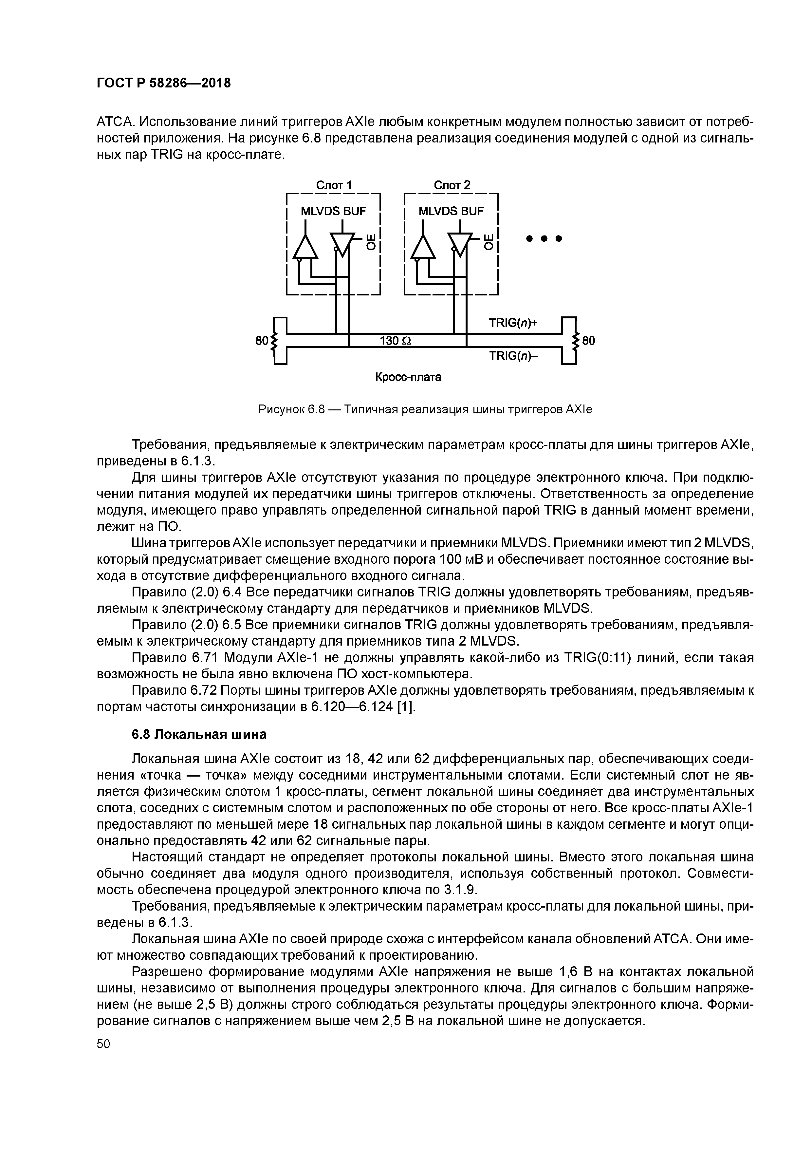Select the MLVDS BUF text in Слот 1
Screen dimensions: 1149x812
point(333,212)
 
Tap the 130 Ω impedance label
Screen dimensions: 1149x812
point(395,341)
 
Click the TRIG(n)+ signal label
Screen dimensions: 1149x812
point(513,323)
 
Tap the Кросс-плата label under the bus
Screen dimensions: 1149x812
point(408,377)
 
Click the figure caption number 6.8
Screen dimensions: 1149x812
point(316,410)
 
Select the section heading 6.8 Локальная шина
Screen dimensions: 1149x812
point(199,734)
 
